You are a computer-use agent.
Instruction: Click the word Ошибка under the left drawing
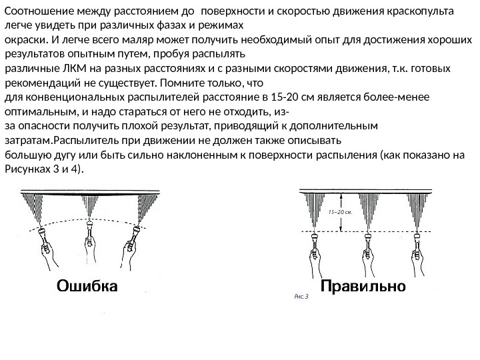tap(87, 287)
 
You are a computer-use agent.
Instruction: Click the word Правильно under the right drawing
tap(363, 287)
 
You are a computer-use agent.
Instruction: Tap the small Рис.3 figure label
tap(301, 298)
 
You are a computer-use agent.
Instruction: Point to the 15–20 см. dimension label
tap(340, 211)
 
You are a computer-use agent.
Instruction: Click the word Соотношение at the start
tap(37, 11)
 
